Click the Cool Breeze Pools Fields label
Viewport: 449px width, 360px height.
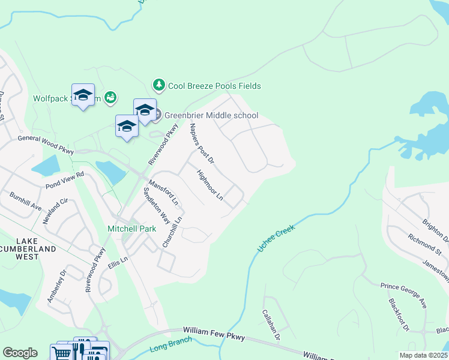point(214,86)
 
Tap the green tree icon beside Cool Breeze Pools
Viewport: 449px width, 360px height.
point(159,85)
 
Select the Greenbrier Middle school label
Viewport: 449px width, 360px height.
point(211,115)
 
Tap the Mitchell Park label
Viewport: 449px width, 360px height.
point(131,229)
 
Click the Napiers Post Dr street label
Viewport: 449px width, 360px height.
point(202,143)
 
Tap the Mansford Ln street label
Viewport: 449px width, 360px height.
point(163,190)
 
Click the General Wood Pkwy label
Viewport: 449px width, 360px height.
point(46,145)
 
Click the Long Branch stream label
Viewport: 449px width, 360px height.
point(172,344)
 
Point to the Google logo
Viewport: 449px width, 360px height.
point(20,353)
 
